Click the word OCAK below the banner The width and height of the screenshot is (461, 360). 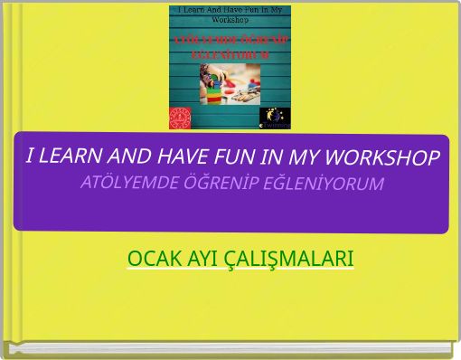[152, 259]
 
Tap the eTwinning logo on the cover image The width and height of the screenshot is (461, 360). [275, 118]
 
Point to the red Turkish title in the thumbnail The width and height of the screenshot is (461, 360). [230, 48]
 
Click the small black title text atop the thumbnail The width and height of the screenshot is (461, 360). [230, 14]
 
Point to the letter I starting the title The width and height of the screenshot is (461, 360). [31, 155]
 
